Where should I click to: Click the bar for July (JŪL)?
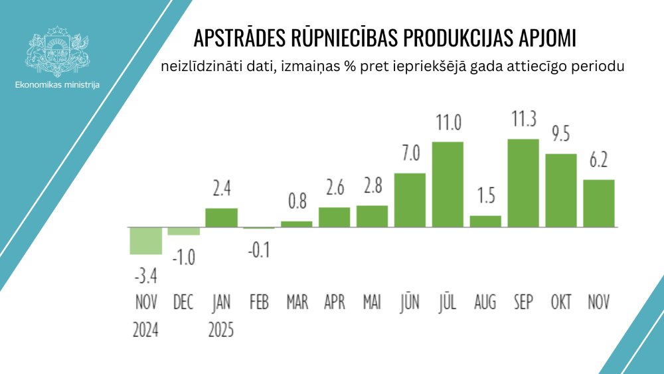coord(448,185)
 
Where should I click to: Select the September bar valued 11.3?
coord(523,183)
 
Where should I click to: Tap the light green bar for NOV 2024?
coord(145,240)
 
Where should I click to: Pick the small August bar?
coord(485,221)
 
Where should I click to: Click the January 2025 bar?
coord(221,218)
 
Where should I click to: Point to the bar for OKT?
coord(561,191)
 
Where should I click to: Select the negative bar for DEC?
coord(183,231)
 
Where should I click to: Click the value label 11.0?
coord(448,123)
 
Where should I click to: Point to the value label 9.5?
coord(561,135)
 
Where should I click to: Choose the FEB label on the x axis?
coord(259,303)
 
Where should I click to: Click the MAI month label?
coord(372,303)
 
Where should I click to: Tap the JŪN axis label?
coord(410,303)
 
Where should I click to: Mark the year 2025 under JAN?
coord(221,329)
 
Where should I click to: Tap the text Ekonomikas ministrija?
coord(57,86)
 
